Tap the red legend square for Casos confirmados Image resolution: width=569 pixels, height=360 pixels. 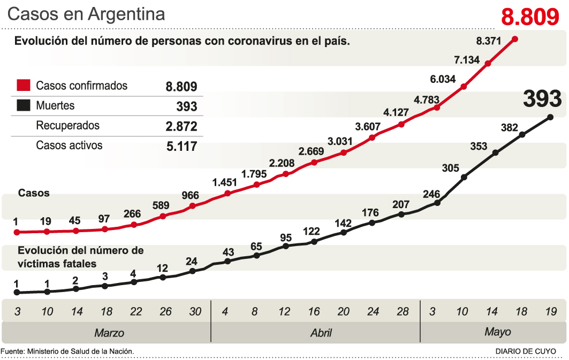pyautogui.click(x=23, y=86)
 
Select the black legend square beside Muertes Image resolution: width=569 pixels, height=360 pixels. pyautogui.click(x=23, y=106)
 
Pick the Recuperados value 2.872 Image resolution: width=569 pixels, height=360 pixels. pyautogui.click(x=181, y=126)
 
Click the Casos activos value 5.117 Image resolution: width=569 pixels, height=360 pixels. pyautogui.click(x=181, y=146)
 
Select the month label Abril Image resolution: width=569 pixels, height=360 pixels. pyautogui.click(x=321, y=333)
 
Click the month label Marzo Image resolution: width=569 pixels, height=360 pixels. pyautogui.click(x=109, y=333)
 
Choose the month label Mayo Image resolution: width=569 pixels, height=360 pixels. pyautogui.click(x=497, y=332)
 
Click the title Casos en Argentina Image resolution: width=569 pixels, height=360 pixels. pyautogui.click(x=86, y=14)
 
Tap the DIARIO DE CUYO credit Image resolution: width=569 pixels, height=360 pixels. pyautogui.click(x=526, y=351)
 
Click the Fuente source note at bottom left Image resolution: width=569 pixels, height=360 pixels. pyautogui.click(x=67, y=351)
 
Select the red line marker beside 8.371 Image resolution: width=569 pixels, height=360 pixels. pyautogui.click(x=515, y=39)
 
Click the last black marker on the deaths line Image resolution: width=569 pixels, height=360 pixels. pyautogui.click(x=551, y=117)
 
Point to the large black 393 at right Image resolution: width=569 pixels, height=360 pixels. pyautogui.click(x=542, y=99)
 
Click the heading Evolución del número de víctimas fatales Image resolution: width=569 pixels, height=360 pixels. pyautogui.click(x=80, y=257)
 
